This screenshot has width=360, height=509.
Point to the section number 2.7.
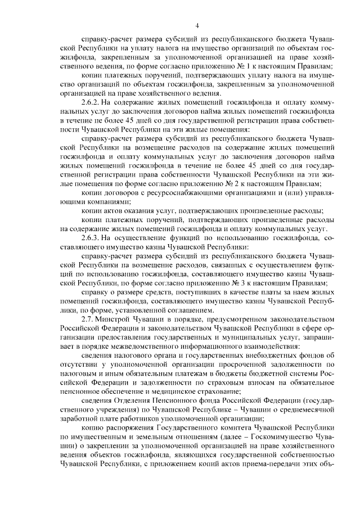point(88,319)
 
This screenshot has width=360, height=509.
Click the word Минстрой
point(116,319)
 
